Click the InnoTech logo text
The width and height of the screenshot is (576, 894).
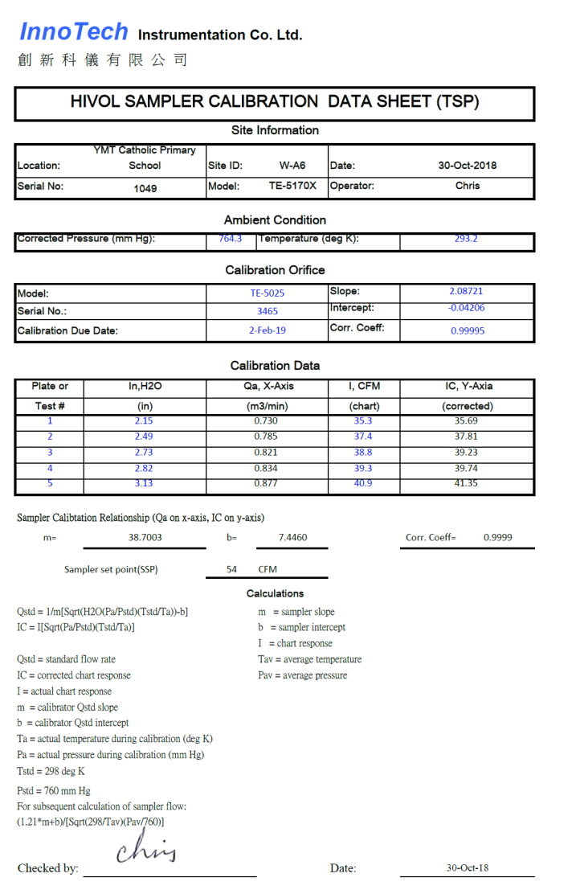pyautogui.click(x=73, y=32)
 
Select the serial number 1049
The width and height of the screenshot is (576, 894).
pyautogui.click(x=145, y=188)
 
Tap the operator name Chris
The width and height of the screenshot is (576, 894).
pyautogui.click(x=467, y=186)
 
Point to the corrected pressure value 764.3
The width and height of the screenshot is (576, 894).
pyautogui.click(x=230, y=239)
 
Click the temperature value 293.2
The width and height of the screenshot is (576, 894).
pyautogui.click(x=466, y=239)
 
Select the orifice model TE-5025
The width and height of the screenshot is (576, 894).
pyautogui.click(x=267, y=293)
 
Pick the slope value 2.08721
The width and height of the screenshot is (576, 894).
pyautogui.click(x=466, y=291)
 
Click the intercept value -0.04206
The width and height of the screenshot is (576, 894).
pyautogui.click(x=466, y=308)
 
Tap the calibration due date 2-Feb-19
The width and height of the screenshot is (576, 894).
pyautogui.click(x=267, y=330)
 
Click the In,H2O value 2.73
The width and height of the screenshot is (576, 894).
pyautogui.click(x=145, y=453)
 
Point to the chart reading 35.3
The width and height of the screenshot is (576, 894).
pyautogui.click(x=363, y=421)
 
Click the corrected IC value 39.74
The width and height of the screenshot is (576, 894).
pyautogui.click(x=466, y=468)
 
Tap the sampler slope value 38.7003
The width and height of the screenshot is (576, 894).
pyautogui.click(x=145, y=537)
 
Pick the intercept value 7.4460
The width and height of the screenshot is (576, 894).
pyautogui.click(x=292, y=537)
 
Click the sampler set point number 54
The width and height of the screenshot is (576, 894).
pyautogui.click(x=231, y=569)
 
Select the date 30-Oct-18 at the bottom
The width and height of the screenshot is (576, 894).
pyautogui.click(x=467, y=868)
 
